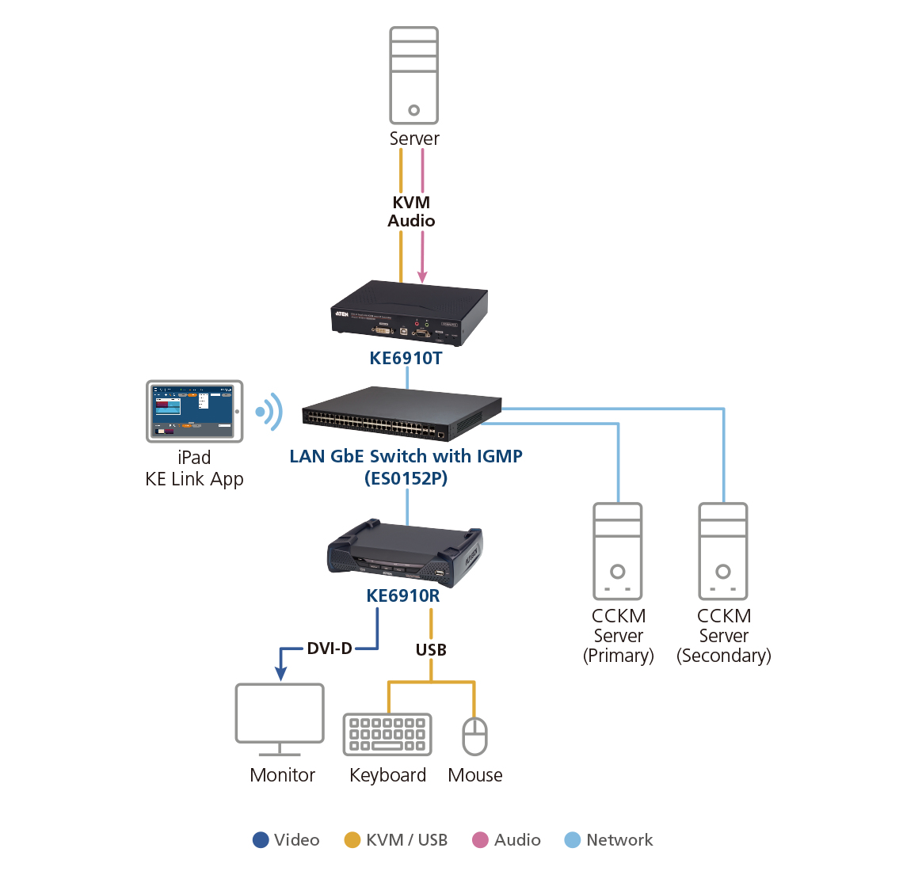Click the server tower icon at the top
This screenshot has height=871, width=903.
click(x=413, y=75)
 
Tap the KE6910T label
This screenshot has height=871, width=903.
click(x=406, y=358)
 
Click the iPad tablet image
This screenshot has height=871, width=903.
click(x=194, y=411)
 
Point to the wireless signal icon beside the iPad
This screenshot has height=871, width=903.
click(x=270, y=412)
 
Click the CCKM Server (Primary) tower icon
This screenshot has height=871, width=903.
click(x=618, y=551)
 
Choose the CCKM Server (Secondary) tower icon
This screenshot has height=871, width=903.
click(x=723, y=551)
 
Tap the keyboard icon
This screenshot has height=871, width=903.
click(x=387, y=734)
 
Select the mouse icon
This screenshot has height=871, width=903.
click(x=474, y=736)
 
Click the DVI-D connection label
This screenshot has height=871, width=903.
click(x=330, y=648)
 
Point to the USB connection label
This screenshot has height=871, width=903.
click(x=431, y=650)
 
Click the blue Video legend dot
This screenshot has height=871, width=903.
click(x=261, y=840)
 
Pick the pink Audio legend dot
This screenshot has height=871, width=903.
click(x=480, y=840)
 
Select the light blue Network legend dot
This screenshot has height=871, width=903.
click(x=572, y=840)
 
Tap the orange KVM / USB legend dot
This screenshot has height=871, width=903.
click(x=352, y=840)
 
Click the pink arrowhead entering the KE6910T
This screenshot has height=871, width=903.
click(x=422, y=276)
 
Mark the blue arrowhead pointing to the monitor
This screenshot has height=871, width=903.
click(x=280, y=674)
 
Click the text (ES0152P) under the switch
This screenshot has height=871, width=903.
click(x=406, y=478)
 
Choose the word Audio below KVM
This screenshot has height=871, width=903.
click(x=411, y=221)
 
